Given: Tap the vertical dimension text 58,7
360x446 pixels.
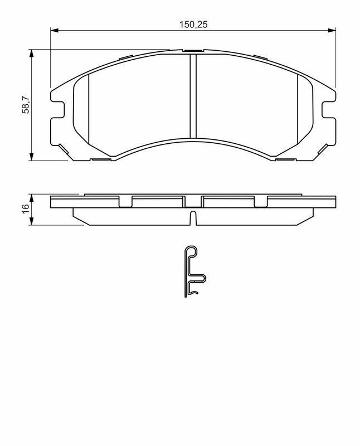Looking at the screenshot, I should (x=25, y=104).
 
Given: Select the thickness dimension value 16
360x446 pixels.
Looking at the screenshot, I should (x=25, y=210).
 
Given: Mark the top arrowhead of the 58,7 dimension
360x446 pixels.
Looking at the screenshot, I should (x=32, y=53).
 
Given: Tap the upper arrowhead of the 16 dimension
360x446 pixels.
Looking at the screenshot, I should (x=32, y=197).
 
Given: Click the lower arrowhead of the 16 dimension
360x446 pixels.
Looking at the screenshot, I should (x=32, y=222).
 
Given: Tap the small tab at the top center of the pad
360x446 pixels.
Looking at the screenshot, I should (x=193, y=51).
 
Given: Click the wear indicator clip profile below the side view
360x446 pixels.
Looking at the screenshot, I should (x=193, y=272).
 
